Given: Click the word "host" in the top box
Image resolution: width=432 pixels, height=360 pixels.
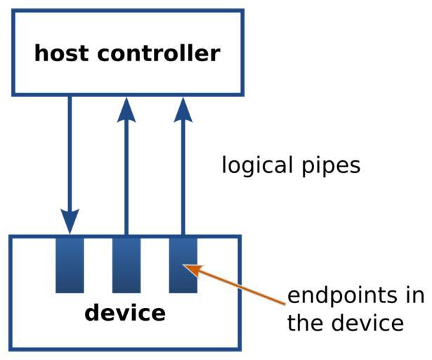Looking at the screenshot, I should pos(61,53).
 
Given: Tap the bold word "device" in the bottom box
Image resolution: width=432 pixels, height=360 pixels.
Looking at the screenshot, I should pos(125,313).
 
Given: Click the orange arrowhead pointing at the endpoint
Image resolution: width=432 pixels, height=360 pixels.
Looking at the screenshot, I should pos(193,269).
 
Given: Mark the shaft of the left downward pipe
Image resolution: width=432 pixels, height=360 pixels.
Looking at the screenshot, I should pos(70,155).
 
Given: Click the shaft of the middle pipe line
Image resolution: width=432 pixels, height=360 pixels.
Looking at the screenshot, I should pos(126,176).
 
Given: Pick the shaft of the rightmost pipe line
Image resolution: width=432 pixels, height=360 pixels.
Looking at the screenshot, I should pos(183,176).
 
